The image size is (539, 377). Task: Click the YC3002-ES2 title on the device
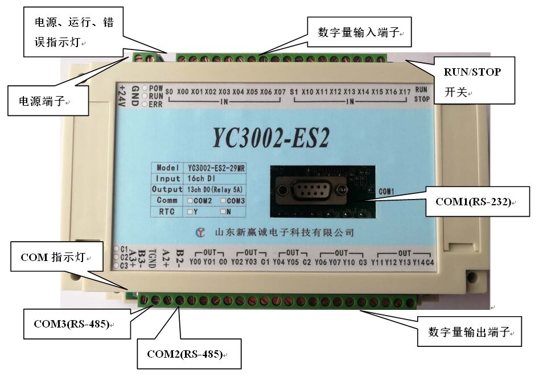coord(271,136)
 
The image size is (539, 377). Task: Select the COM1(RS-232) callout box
coord(474,201)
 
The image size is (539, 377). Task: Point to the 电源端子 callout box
coord(48,101)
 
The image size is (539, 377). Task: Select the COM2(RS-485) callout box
coord(188,353)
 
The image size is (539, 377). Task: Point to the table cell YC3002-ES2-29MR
coord(216,168)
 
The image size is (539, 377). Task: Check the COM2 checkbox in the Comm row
coord(190,201)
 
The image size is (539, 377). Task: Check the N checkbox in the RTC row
coord(223,212)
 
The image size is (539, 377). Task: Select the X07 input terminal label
coord(279,92)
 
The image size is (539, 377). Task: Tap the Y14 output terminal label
coord(417,262)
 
